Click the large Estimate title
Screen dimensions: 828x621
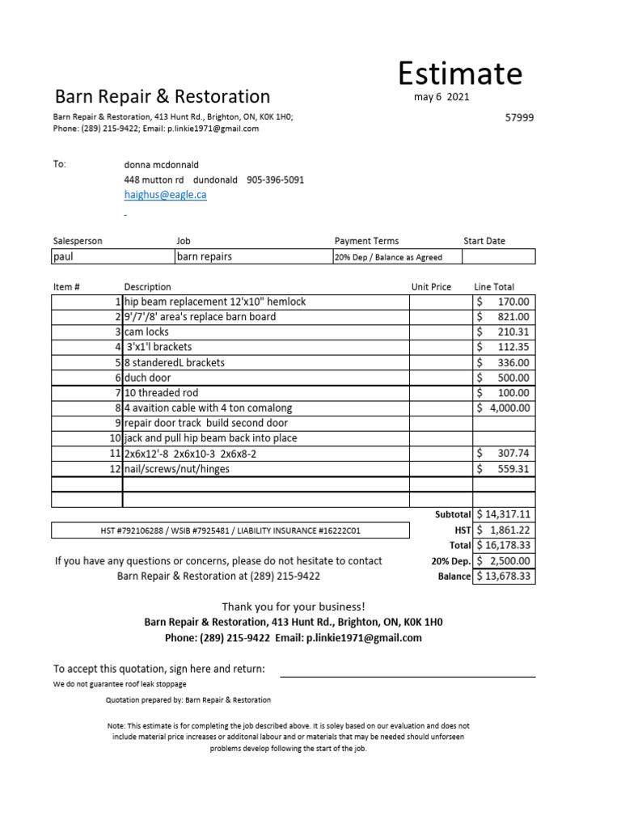(x=459, y=74)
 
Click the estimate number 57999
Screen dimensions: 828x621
(x=519, y=117)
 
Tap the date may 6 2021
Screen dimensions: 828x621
(x=441, y=97)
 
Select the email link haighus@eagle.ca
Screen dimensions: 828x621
(x=165, y=195)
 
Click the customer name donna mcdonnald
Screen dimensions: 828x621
(x=161, y=164)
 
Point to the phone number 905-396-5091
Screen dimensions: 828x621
(x=275, y=180)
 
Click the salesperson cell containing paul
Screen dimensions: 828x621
(x=112, y=256)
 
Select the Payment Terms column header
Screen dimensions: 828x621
(x=366, y=241)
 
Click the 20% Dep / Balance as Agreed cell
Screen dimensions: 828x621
(x=388, y=257)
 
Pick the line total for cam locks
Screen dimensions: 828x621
(x=503, y=332)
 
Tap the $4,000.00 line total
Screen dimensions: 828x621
(x=503, y=408)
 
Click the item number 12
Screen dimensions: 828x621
(x=114, y=469)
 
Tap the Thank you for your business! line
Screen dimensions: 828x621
(x=294, y=606)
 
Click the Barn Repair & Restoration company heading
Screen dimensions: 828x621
(x=163, y=97)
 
